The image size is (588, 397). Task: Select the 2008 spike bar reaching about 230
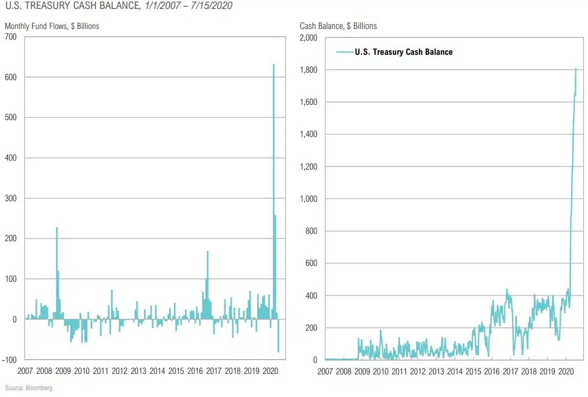pos(57,274)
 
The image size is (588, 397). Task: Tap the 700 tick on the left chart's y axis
pos(11,37)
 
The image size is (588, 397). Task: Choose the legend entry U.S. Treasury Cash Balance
pos(403,52)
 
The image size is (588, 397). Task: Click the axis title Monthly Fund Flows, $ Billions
pos(52,26)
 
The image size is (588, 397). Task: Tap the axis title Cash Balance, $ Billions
pos(338,26)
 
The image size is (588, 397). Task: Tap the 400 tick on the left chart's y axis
pos(11,158)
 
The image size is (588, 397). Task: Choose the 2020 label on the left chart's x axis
pos(270,371)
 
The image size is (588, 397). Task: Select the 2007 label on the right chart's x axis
pos(325,371)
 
